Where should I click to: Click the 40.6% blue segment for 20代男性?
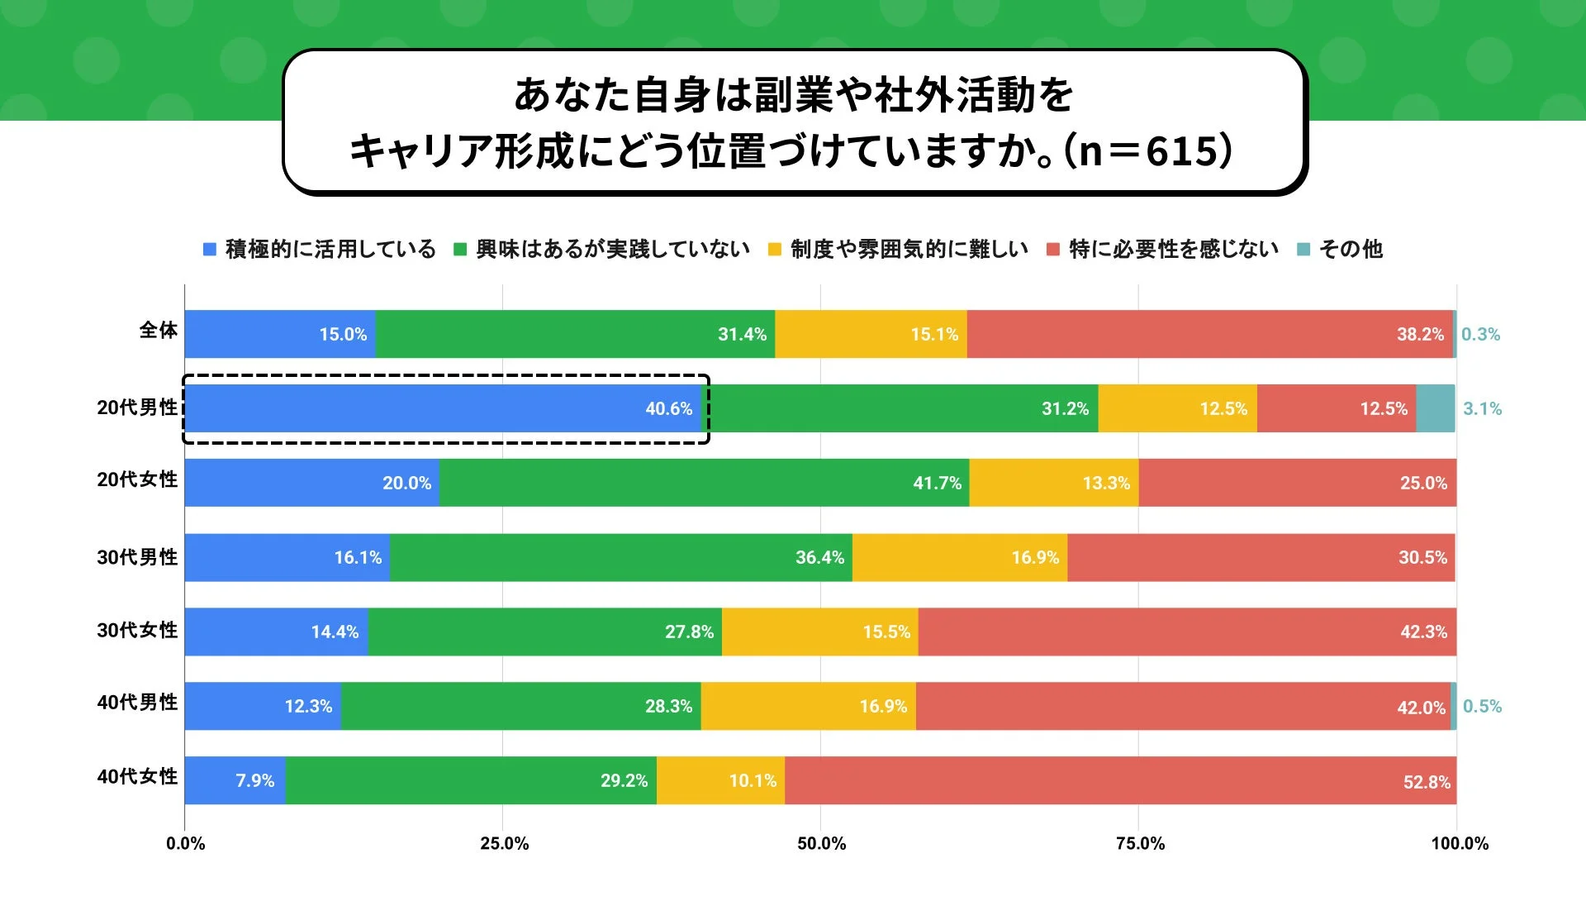[x=443, y=408]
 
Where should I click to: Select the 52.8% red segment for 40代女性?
[x=1120, y=780]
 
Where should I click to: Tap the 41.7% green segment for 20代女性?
[x=704, y=483]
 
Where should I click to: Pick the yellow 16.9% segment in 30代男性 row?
[x=960, y=557]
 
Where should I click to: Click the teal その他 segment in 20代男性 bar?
[x=1436, y=408]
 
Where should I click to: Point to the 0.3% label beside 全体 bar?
[x=1480, y=334]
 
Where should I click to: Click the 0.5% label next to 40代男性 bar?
[x=1482, y=706]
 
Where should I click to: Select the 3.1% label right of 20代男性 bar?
[x=1482, y=408]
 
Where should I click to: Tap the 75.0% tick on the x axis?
[x=1140, y=843]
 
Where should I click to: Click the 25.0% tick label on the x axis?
[x=504, y=843]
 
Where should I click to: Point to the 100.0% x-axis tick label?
[x=1460, y=843]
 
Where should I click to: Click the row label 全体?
[x=158, y=331]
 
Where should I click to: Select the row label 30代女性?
[x=137, y=630]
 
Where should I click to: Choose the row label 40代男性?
[x=137, y=703]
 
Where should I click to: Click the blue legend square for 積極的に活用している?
[x=210, y=249]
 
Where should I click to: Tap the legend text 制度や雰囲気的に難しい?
[x=909, y=249]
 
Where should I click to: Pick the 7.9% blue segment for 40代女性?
[x=235, y=780]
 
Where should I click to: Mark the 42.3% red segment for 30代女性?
[x=1187, y=632]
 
